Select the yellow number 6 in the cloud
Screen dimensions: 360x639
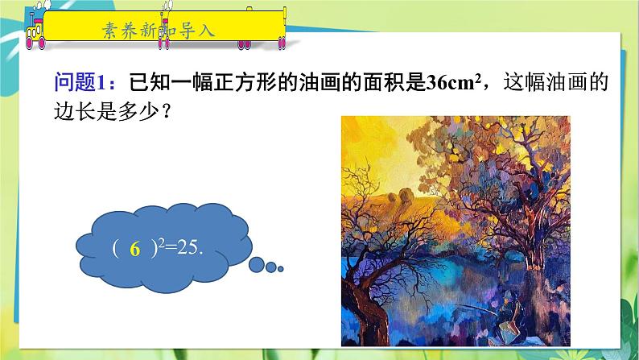coord(135,250)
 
